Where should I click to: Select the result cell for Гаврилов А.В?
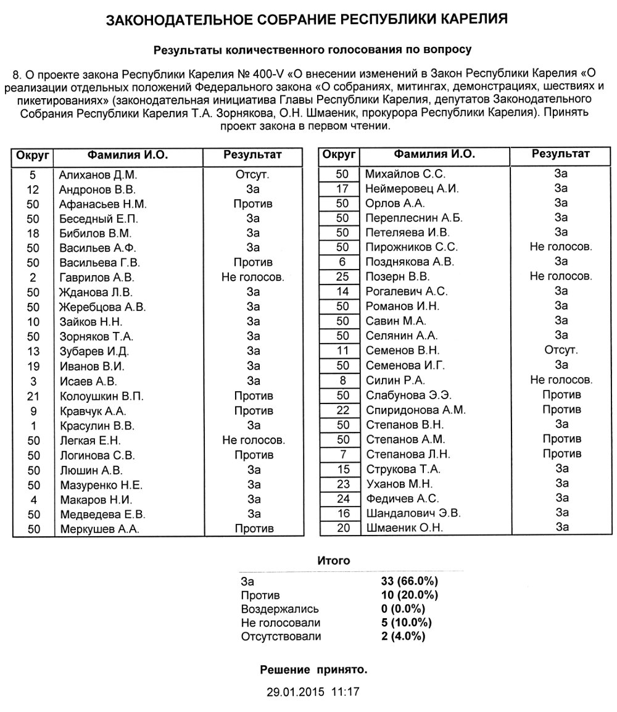click(x=252, y=278)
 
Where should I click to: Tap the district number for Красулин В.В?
click(x=33, y=426)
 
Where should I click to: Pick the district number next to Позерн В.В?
click(x=342, y=276)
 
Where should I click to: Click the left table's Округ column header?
click(x=33, y=154)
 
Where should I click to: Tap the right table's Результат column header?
click(x=560, y=154)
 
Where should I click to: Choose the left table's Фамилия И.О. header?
click(x=128, y=154)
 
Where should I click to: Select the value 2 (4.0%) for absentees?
click(x=404, y=636)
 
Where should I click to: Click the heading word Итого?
click(x=333, y=561)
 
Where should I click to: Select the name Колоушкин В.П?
click(x=101, y=396)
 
